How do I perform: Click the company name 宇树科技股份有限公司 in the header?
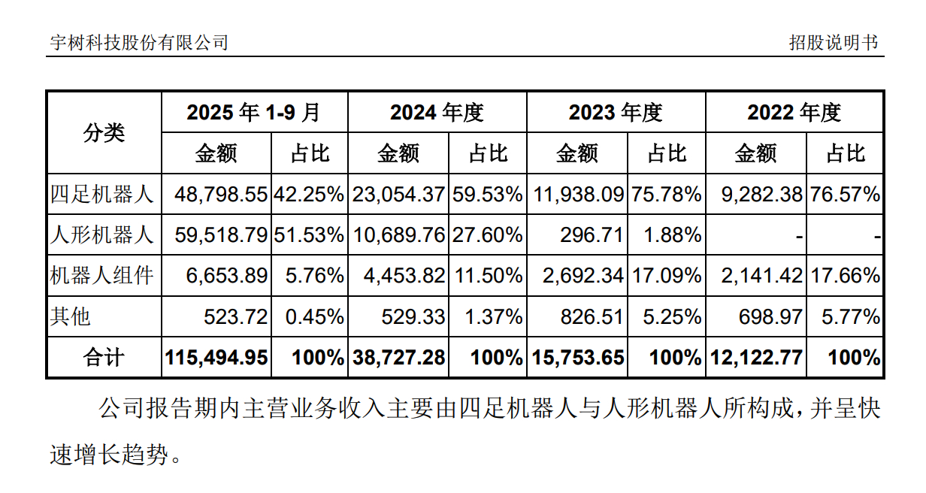[139, 43]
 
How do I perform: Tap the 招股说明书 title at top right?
[833, 43]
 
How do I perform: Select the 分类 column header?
[104, 133]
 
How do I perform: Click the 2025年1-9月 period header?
[253, 113]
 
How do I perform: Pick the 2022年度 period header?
[794, 113]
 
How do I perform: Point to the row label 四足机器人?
[102, 195]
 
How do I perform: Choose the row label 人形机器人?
[102, 235]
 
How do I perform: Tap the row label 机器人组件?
[102, 276]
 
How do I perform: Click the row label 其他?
[71, 316]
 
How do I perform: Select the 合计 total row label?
[104, 358]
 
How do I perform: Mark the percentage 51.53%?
[309, 235]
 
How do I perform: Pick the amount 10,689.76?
[399, 235]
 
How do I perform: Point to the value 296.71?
[592, 235]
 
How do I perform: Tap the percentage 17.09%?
[667, 276]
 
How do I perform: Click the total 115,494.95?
[216, 358]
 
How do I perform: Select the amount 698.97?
[771, 316]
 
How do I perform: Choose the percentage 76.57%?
[845, 195]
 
